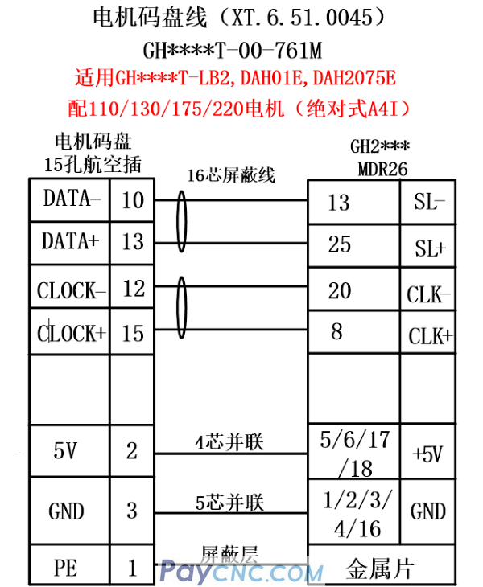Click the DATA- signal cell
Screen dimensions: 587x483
pyautogui.click(x=68, y=199)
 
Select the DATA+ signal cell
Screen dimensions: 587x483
pyautogui.click(x=69, y=241)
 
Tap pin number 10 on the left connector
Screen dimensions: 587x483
pyautogui.click(x=132, y=200)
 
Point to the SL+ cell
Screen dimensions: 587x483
pyautogui.click(x=430, y=248)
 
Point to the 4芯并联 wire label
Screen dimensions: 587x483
pyautogui.click(x=229, y=441)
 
